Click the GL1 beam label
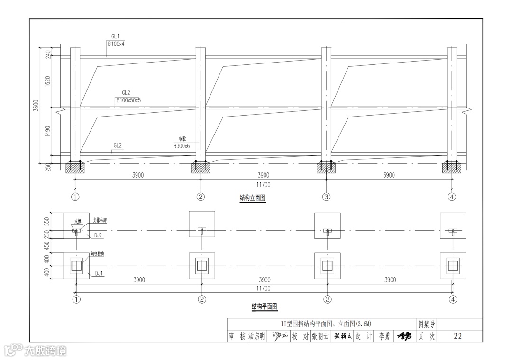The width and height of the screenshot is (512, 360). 115,36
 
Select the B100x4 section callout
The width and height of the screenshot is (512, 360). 116,44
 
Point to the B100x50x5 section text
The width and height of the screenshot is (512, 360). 128,100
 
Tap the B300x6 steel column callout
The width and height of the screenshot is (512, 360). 182,146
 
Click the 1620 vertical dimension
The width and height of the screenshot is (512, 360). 47,81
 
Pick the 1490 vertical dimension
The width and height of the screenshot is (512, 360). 47,131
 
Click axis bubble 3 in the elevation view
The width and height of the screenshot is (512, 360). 326,197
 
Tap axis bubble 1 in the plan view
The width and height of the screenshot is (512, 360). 75,299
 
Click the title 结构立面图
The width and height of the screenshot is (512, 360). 253,198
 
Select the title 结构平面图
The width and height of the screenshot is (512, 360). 264,307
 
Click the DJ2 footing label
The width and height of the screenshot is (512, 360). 98,234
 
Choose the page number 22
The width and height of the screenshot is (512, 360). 457,336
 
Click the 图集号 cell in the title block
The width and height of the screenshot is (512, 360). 426,324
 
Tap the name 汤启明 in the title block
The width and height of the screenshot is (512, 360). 256,336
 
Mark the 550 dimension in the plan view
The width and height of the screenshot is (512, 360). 47,221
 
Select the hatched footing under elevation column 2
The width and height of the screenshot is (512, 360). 201,168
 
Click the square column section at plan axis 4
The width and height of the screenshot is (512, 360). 453,266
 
